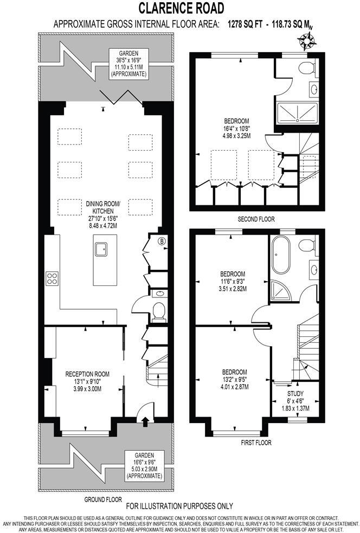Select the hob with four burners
click(x=52, y=278)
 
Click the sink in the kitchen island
click(x=101, y=249)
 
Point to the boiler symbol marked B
click(x=161, y=241)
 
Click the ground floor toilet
click(x=159, y=311)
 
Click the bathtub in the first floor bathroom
click(x=282, y=255)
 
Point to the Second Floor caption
click(x=256, y=219)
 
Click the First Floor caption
click(x=256, y=443)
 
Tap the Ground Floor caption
click(x=103, y=499)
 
